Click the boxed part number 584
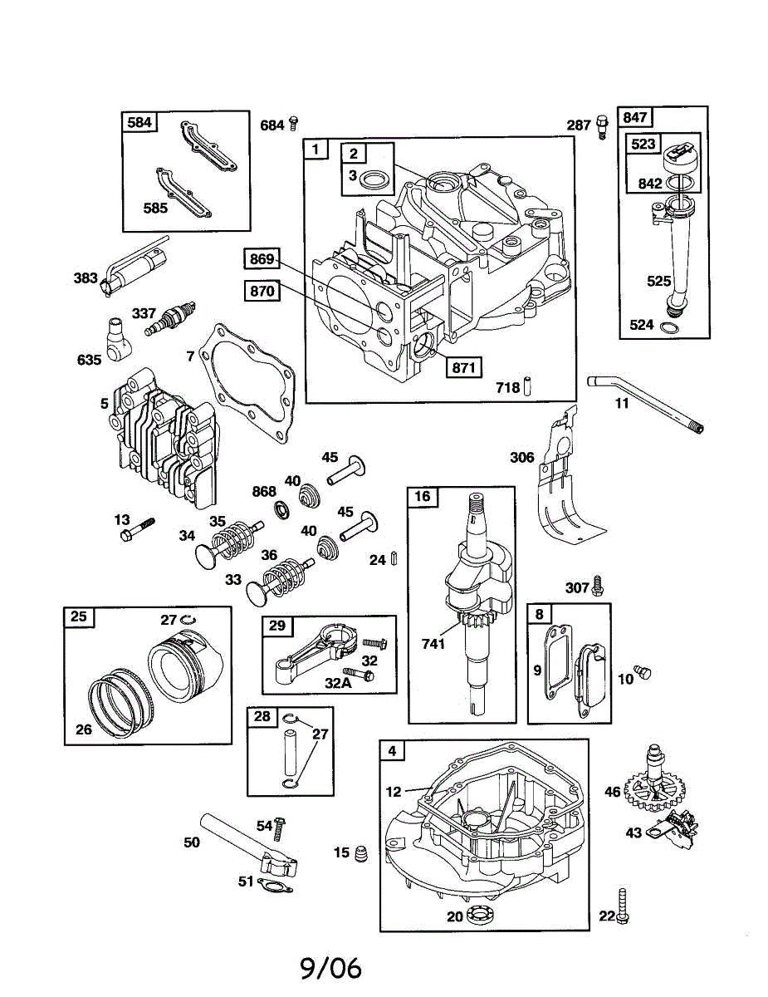(x=139, y=123)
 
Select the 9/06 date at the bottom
(x=331, y=968)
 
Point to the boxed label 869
(x=262, y=258)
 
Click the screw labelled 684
(x=293, y=125)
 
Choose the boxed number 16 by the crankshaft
(x=423, y=497)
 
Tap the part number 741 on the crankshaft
(x=433, y=644)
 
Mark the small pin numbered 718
(x=527, y=387)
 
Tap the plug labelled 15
(x=361, y=853)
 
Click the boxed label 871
(x=462, y=367)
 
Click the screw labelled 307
(x=596, y=587)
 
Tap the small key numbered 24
(x=394, y=559)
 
